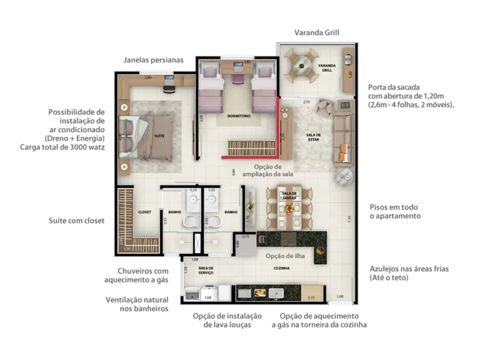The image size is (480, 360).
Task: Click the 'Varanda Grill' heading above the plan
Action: (316, 32)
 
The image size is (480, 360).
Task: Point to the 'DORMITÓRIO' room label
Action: (239, 116)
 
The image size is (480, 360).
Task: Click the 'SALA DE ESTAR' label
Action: (314, 137)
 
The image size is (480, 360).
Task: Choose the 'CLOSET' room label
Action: (144, 212)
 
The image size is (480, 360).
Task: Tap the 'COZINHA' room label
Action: (281, 268)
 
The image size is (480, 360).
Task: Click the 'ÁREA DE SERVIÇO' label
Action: (207, 270)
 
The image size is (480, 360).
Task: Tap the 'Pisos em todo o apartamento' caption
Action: (395, 211)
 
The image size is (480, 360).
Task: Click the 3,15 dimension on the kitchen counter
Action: (311, 297)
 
